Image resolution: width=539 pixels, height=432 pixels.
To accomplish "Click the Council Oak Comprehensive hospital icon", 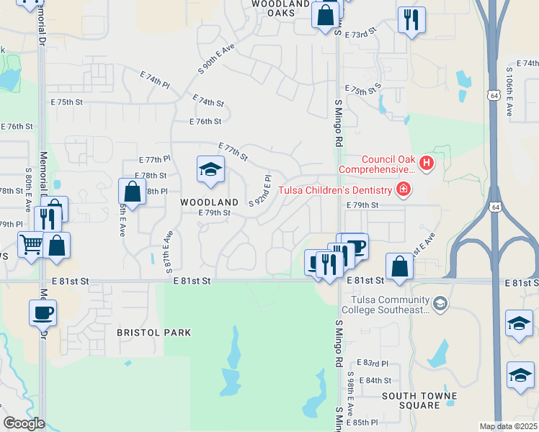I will click(x=426, y=164).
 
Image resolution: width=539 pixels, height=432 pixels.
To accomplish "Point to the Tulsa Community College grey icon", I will click(x=439, y=305).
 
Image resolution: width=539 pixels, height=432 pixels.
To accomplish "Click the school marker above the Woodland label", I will click(x=210, y=170).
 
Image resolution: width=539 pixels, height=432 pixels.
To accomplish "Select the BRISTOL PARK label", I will click(x=154, y=333).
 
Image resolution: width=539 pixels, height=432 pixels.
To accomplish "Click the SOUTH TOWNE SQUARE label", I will click(x=419, y=400).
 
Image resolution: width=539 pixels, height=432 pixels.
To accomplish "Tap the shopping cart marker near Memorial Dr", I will click(x=30, y=246).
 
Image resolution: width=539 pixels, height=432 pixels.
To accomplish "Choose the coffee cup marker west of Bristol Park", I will click(x=43, y=312).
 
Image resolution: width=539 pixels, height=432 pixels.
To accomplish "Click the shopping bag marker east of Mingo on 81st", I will click(x=399, y=267).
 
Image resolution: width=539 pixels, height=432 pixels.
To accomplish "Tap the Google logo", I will click(x=24, y=423).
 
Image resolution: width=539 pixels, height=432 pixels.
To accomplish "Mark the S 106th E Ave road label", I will click(x=509, y=94).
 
